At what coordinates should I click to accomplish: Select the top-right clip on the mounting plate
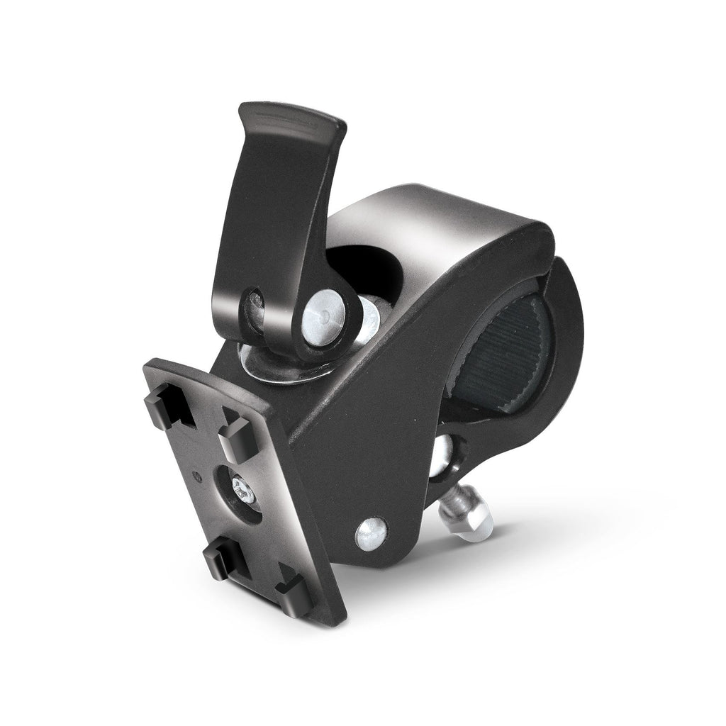[235, 438]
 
